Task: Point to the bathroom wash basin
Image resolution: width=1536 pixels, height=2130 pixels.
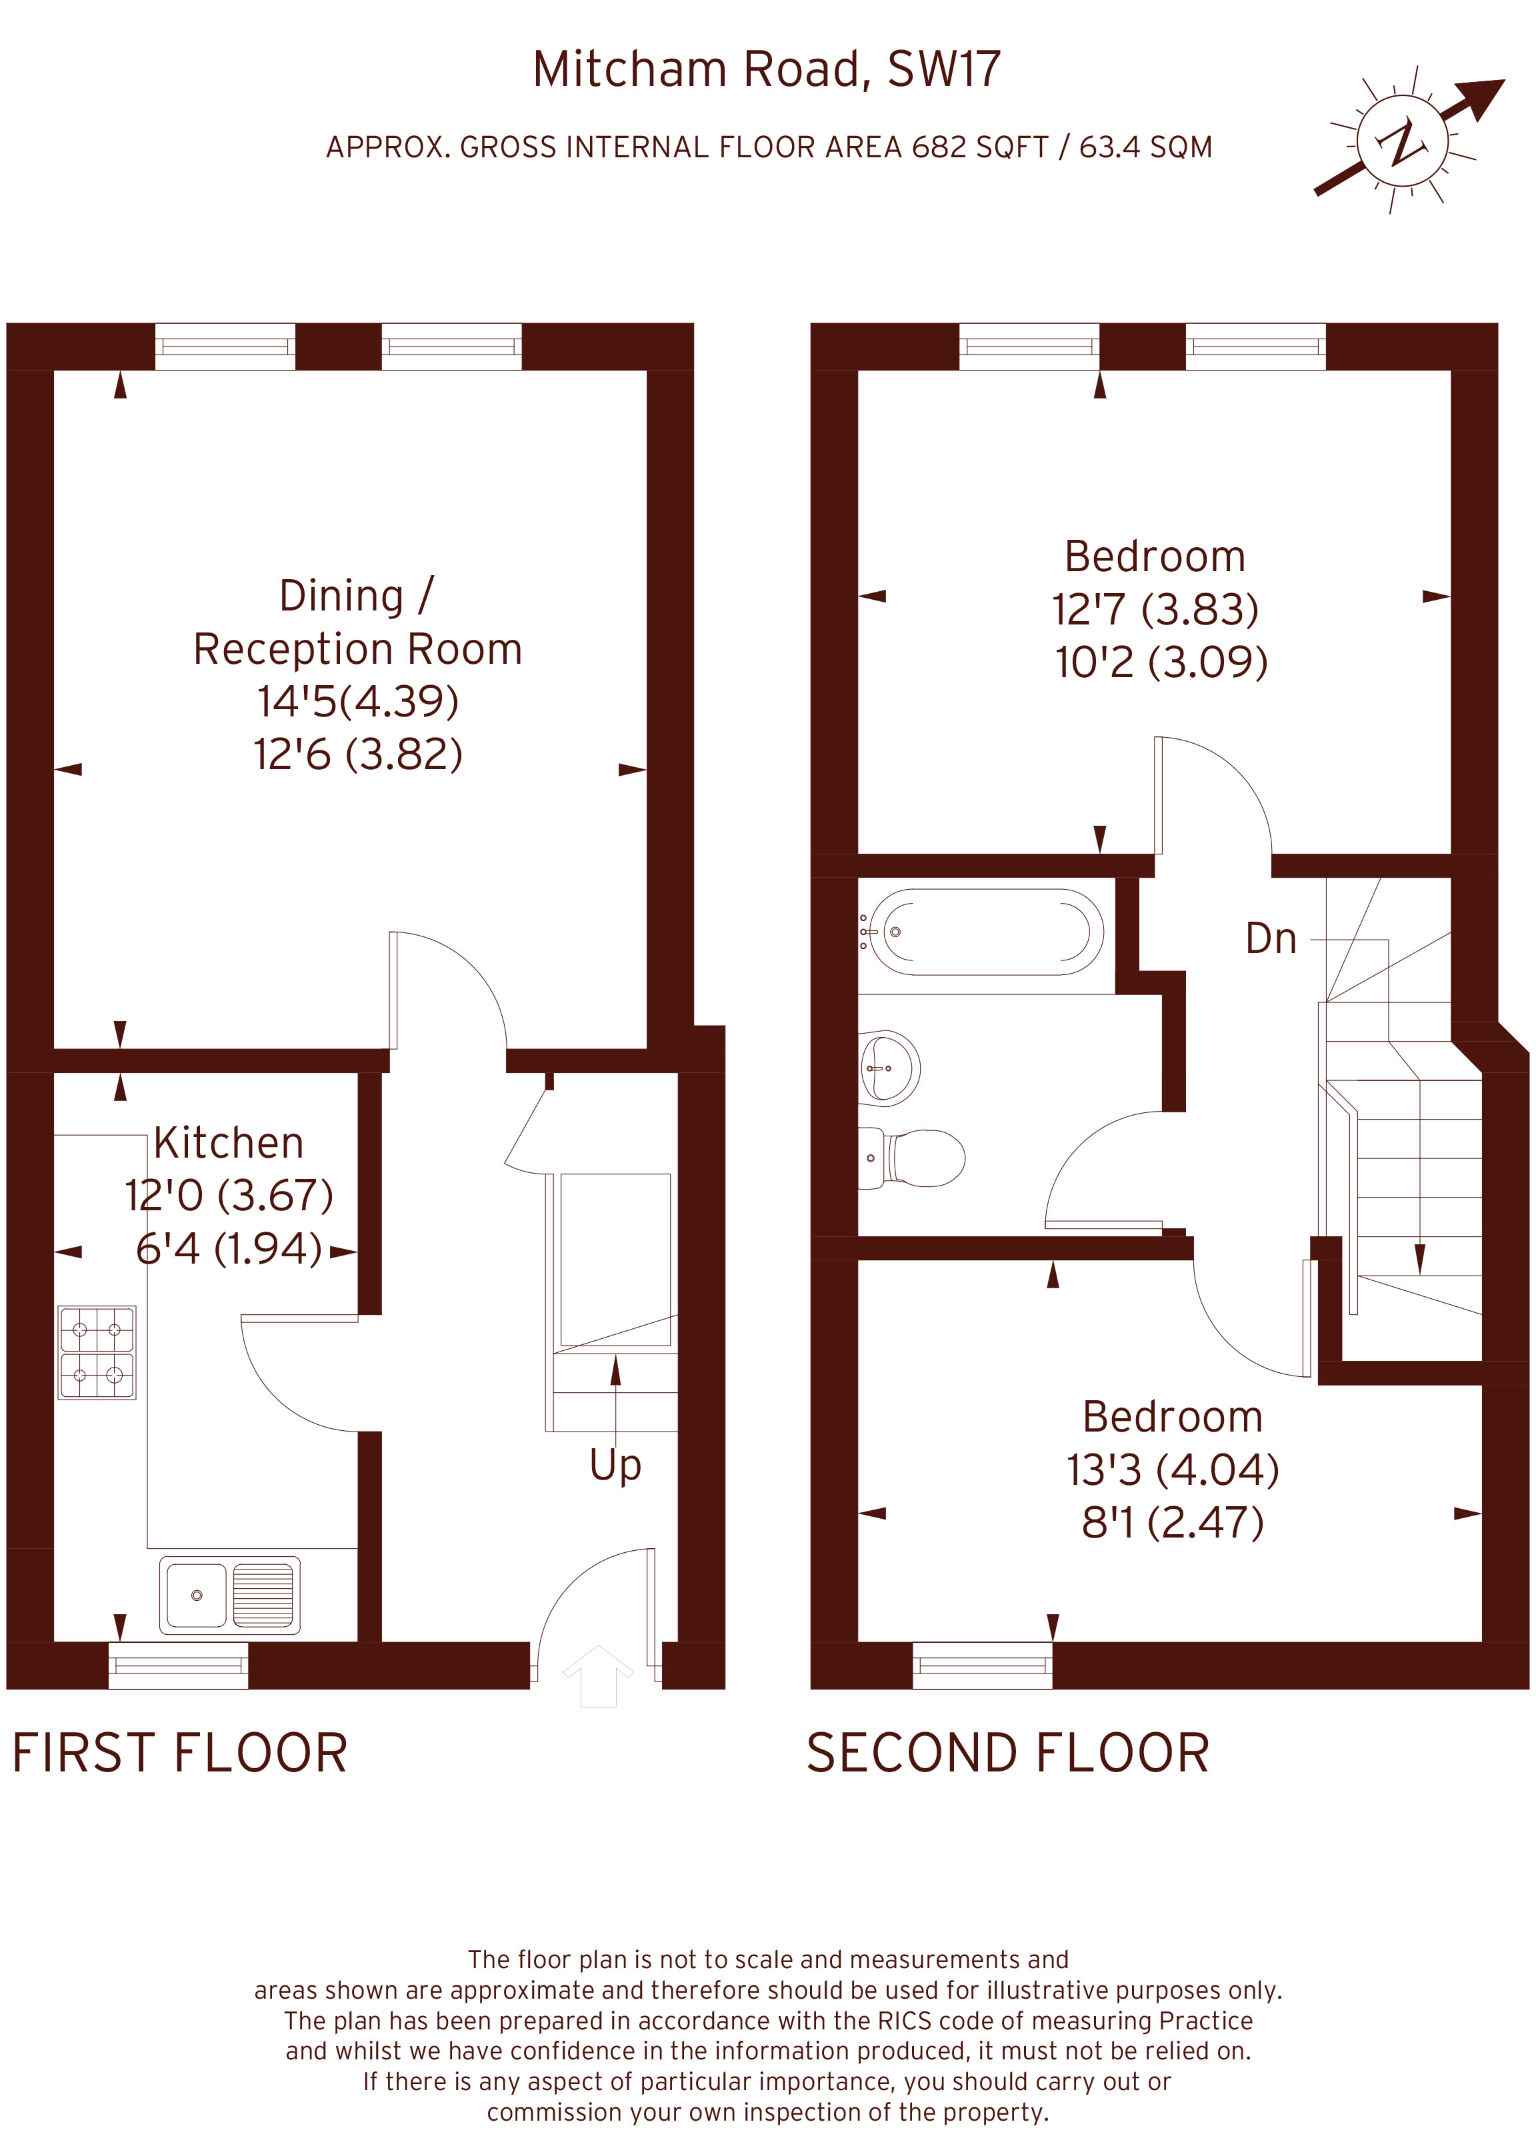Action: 889,1067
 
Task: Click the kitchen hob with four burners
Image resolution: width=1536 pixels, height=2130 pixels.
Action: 97,1352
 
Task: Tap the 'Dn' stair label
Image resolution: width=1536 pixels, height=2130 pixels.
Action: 1270,939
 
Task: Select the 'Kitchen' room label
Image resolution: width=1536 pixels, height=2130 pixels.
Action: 228,1143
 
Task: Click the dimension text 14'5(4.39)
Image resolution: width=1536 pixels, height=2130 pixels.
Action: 358,702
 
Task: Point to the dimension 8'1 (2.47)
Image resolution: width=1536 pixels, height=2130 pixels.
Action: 1173,1522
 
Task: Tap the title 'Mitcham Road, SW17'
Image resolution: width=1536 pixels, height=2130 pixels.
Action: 767,69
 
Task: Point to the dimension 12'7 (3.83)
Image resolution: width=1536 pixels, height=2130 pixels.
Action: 1155,610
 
